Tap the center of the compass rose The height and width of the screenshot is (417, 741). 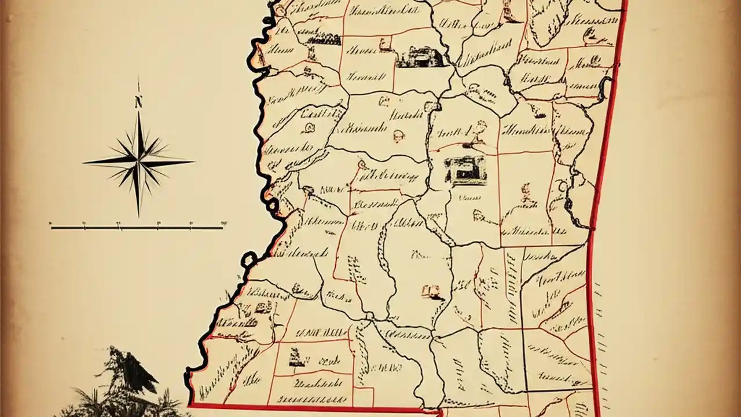pos(139,160)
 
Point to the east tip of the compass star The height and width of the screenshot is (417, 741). pos(193,162)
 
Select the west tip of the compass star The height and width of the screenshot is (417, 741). pos(85,162)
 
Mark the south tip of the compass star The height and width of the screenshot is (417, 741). pos(138,215)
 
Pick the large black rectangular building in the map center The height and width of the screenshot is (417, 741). pos(465,170)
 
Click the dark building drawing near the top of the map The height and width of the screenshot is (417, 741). pos(421,57)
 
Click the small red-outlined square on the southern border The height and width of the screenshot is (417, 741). pos(363,397)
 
